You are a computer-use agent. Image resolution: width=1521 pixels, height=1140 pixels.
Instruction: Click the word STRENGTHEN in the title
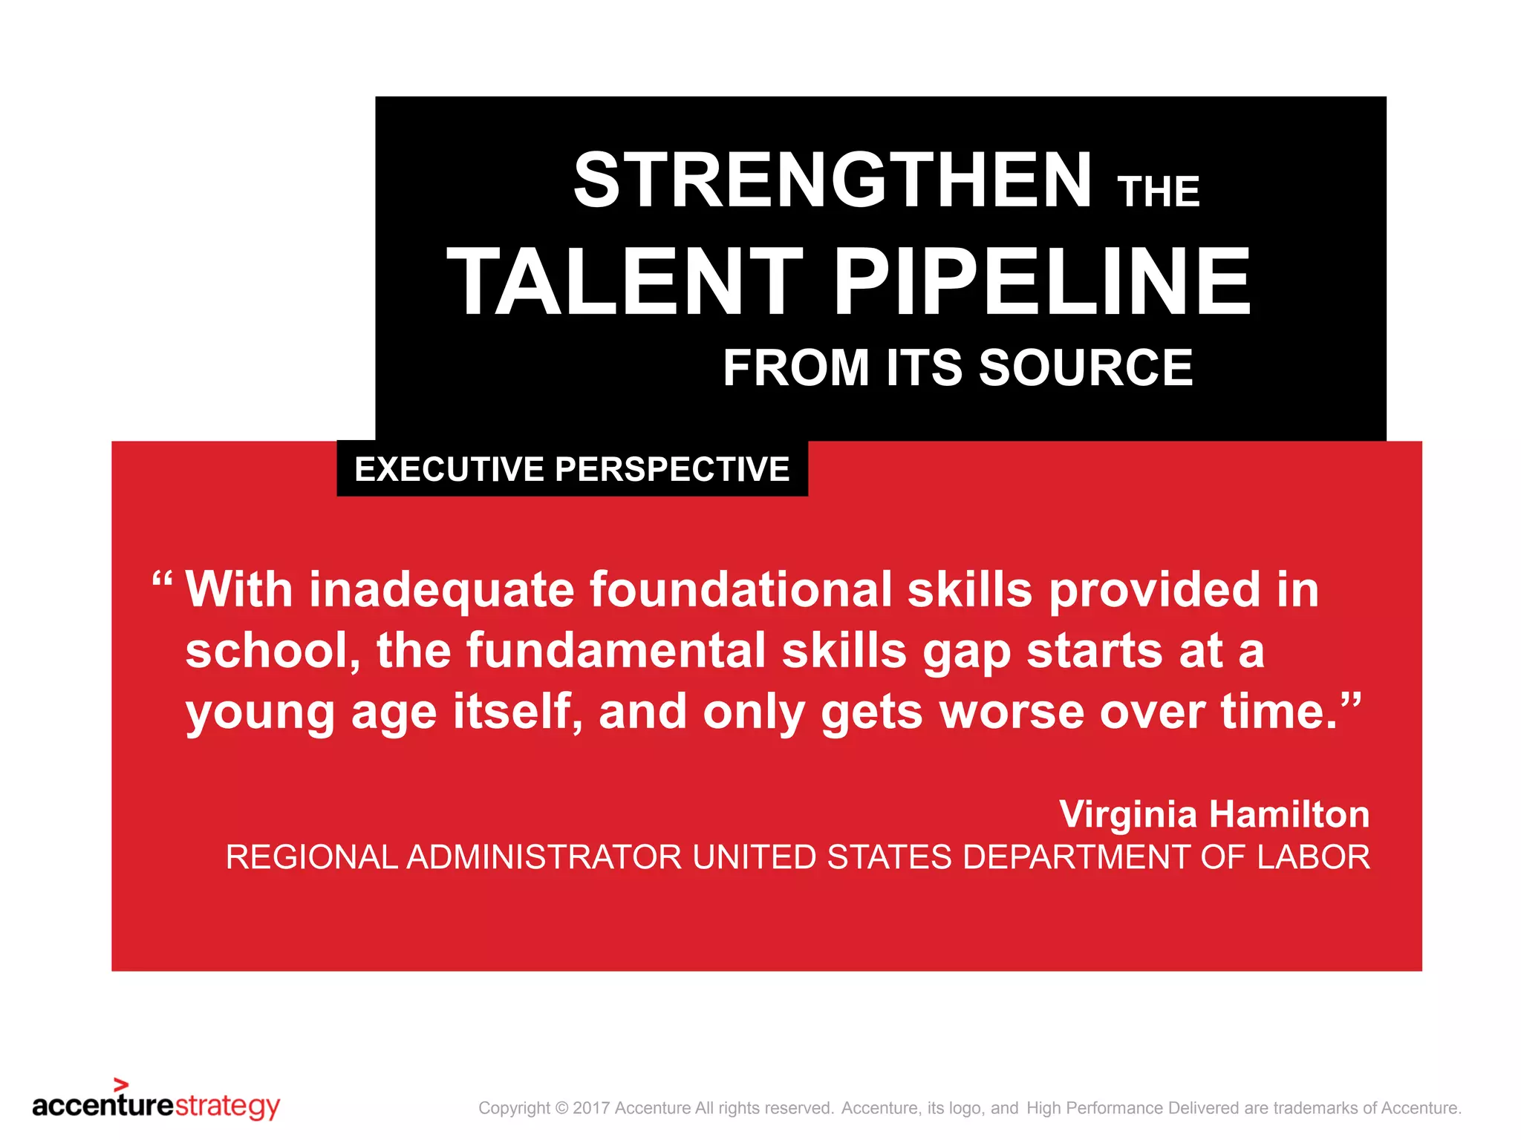[833, 180]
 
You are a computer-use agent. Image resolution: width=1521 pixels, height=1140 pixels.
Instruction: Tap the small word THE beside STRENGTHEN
[1159, 192]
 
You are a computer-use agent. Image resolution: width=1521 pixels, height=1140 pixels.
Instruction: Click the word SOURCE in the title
[1086, 367]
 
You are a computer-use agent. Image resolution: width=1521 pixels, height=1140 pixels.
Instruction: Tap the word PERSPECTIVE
[672, 469]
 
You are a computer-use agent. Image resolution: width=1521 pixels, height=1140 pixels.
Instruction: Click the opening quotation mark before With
[162, 579]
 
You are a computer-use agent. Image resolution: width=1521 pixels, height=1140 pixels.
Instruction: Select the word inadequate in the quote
[442, 589]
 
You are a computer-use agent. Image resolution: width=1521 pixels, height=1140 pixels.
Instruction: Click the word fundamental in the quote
[616, 650]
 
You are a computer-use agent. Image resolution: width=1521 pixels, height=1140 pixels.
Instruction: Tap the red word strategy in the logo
[227, 1107]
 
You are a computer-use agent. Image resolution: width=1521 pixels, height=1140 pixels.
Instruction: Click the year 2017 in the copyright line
[592, 1108]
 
